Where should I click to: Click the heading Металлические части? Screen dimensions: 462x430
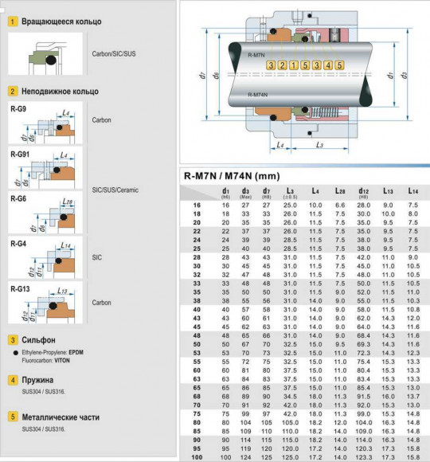click(x=57, y=416)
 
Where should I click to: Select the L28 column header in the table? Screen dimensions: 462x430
click(x=340, y=192)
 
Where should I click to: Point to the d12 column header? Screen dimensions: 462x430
click(x=364, y=192)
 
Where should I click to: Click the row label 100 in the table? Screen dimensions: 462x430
click(x=196, y=456)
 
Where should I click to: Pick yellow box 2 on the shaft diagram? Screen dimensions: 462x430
click(x=282, y=65)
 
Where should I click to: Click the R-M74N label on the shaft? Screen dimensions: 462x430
click(x=258, y=94)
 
